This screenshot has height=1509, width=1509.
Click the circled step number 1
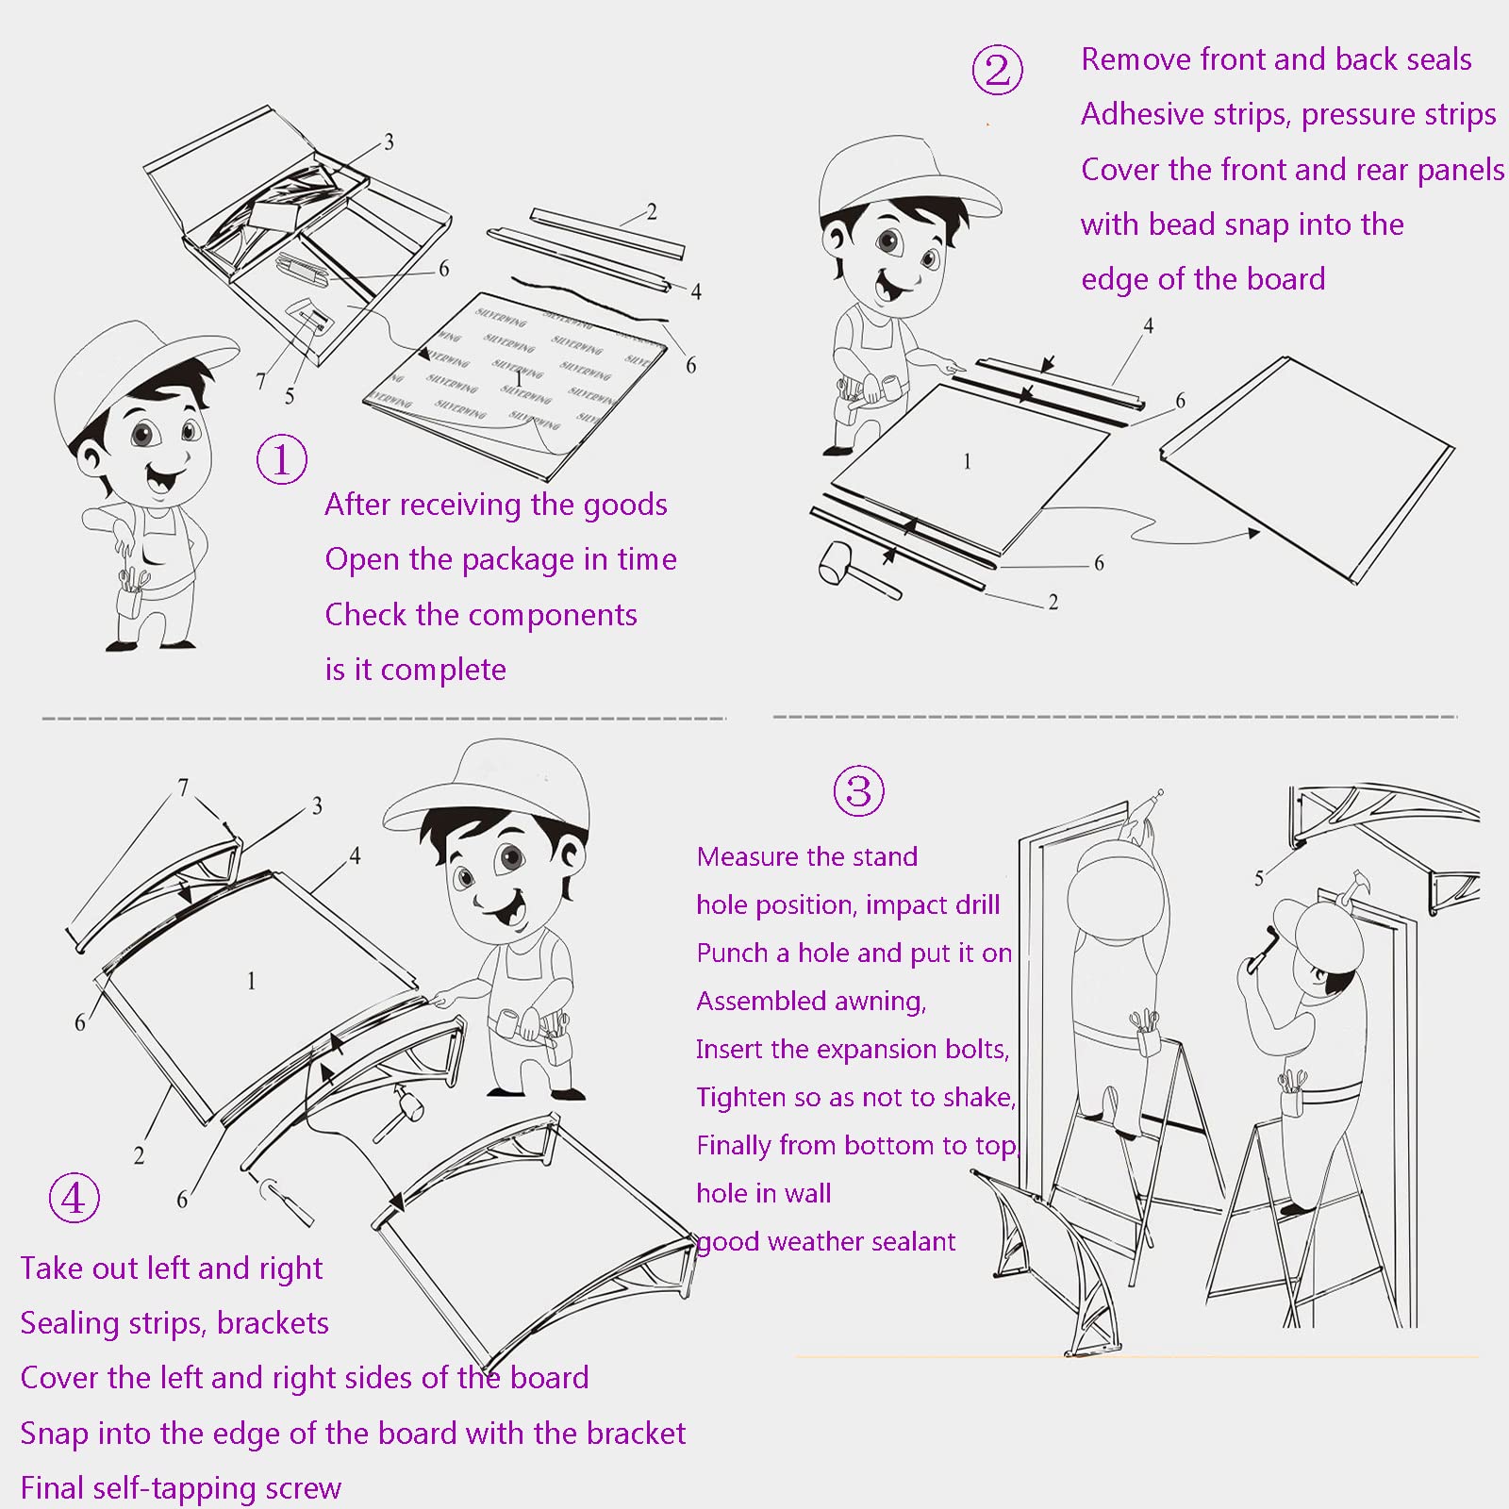[x=282, y=459]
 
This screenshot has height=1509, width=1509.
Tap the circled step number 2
[x=997, y=70]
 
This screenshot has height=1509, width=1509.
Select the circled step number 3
[x=858, y=790]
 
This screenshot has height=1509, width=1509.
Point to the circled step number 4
[x=74, y=1198]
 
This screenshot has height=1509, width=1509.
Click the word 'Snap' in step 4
[x=55, y=1434]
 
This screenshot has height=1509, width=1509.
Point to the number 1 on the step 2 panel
[x=967, y=461]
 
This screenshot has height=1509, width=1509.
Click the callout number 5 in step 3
[x=1258, y=879]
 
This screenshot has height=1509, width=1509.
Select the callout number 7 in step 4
[x=183, y=787]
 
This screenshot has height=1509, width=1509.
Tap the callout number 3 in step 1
[x=389, y=142]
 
